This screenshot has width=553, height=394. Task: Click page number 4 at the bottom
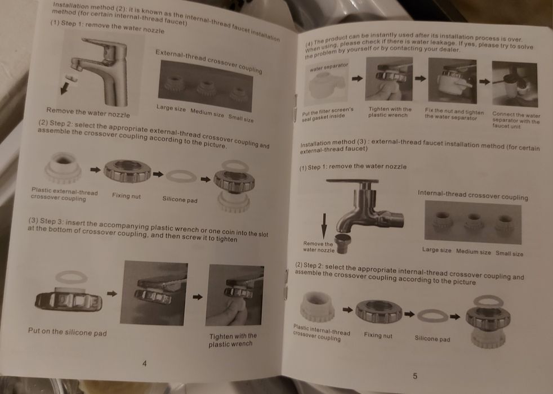point(144,364)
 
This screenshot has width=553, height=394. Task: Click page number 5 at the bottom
point(414,376)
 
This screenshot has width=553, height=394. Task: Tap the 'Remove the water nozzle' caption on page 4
point(88,113)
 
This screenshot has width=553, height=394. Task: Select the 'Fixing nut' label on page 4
point(126,195)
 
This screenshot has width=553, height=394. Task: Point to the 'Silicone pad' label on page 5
point(432,339)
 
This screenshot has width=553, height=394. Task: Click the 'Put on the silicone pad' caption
point(68,332)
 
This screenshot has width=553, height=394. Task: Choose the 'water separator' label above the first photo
point(329,67)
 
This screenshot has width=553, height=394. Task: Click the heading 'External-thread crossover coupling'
point(209,61)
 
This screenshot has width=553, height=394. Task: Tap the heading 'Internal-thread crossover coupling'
point(472,195)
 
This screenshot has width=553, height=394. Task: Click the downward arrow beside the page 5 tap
point(324,226)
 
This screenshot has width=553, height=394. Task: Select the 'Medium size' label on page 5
point(473,252)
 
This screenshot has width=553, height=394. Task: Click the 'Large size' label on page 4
point(171,108)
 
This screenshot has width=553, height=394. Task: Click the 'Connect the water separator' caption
point(516,120)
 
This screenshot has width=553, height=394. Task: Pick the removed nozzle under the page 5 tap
point(342,243)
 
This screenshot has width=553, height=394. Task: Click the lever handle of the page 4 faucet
point(104,46)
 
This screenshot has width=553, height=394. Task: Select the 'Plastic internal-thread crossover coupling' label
point(321,333)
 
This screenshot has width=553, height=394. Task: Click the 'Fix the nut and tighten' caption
point(454,114)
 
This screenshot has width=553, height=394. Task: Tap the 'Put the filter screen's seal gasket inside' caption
point(327,114)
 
